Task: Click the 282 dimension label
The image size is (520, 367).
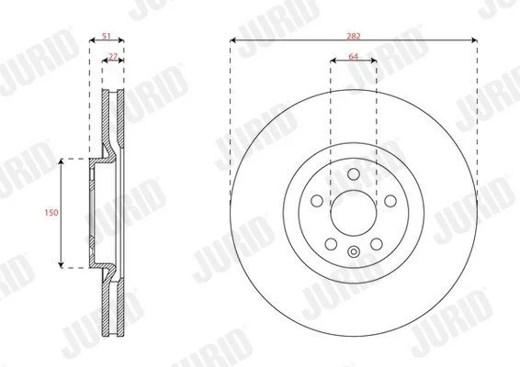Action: click(x=353, y=36)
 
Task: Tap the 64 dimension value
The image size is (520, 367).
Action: click(x=354, y=56)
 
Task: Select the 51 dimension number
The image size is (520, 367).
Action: click(x=107, y=36)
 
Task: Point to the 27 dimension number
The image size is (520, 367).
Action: click(x=113, y=57)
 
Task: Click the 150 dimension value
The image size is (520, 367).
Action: click(x=51, y=212)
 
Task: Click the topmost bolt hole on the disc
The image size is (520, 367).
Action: click(x=354, y=174)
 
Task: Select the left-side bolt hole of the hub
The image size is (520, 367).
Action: click(x=317, y=200)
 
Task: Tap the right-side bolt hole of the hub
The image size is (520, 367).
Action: click(x=390, y=200)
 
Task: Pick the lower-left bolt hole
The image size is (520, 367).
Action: click(x=331, y=244)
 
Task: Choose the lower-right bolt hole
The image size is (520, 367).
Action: click(x=377, y=244)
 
